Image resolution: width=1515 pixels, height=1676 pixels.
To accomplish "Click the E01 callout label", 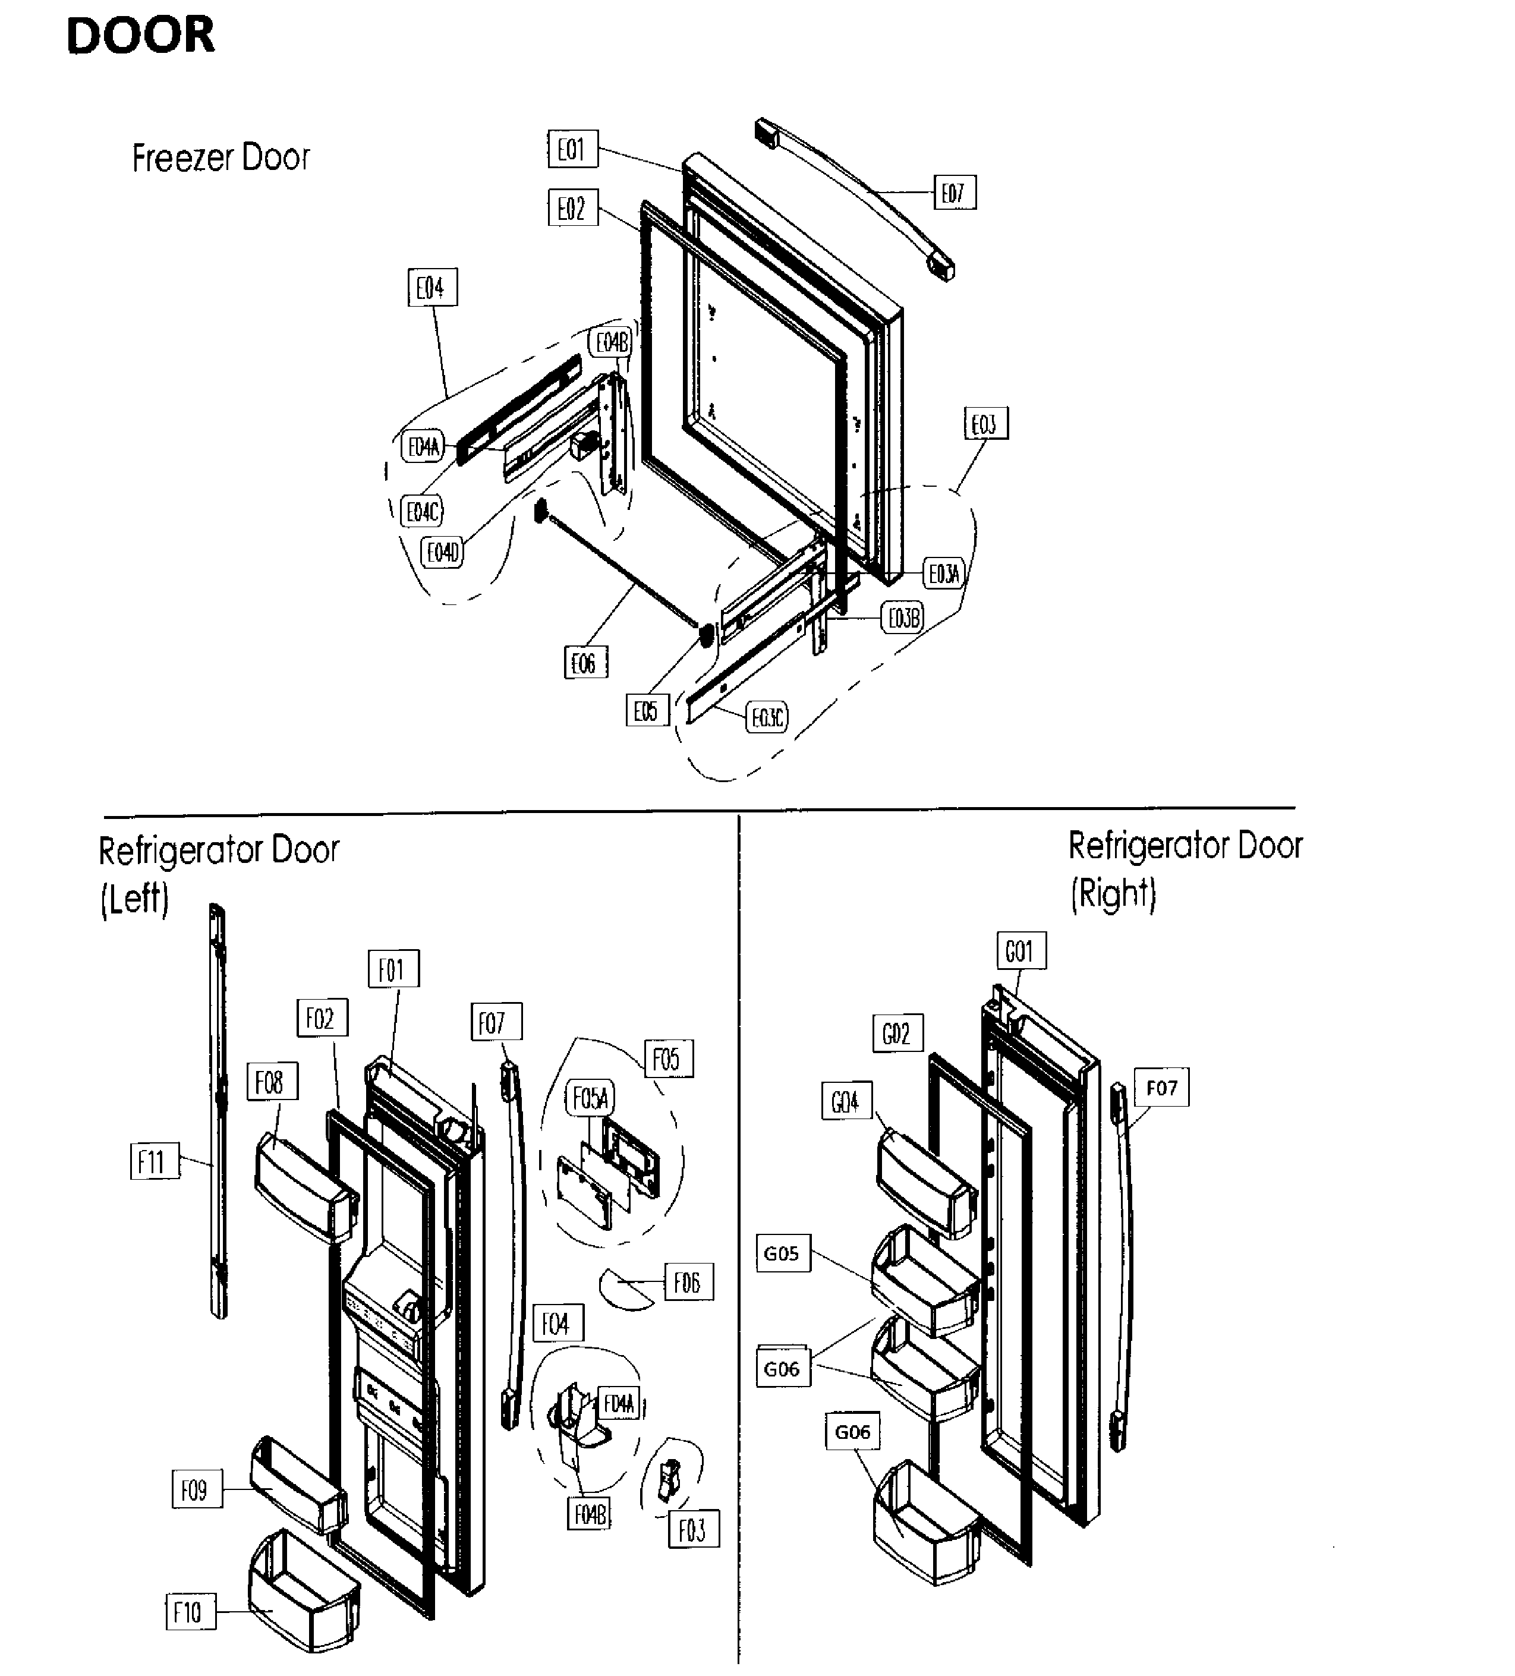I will click(x=572, y=150).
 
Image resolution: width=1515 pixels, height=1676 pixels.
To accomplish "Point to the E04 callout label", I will click(x=431, y=288).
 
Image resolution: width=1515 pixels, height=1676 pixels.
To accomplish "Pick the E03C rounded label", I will click(x=767, y=717).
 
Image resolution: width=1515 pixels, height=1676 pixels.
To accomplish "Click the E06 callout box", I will click(x=585, y=663).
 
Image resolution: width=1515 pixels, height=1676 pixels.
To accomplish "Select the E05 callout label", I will click(x=646, y=711).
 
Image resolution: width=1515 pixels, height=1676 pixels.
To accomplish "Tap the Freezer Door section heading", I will click(x=221, y=158).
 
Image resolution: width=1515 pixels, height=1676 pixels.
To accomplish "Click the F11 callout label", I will click(x=154, y=1161).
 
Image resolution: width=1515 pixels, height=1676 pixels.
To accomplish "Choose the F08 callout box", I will click(x=271, y=1082).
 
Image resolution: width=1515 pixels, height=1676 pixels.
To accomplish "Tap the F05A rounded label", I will click(x=590, y=1098).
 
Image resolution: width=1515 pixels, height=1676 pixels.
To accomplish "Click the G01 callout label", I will click(x=1021, y=950).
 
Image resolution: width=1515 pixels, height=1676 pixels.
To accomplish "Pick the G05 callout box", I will click(x=782, y=1253).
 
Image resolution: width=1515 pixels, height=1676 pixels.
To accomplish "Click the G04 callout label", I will click(x=846, y=1101).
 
